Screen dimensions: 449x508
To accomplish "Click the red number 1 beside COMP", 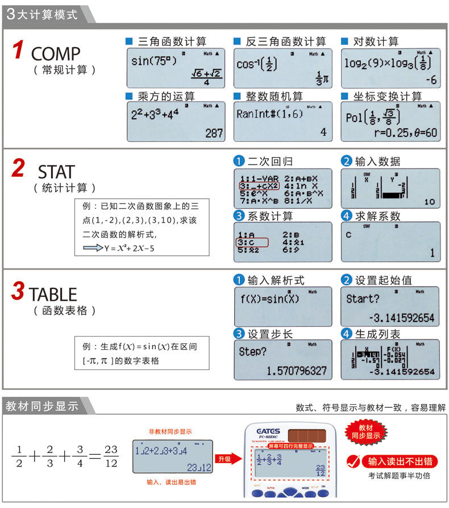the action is pyautogui.click(x=18, y=51).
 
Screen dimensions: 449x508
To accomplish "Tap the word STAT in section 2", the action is pyautogui.click(x=56, y=171).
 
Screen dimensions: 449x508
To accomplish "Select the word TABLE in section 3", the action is pyautogui.click(x=53, y=294).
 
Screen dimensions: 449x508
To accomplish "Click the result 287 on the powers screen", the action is pyautogui.click(x=214, y=133).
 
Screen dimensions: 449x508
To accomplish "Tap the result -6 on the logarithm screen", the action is pyautogui.click(x=431, y=80).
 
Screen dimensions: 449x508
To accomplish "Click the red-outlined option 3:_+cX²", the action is pyautogui.click(x=259, y=186).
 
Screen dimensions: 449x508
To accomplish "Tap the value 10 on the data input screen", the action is pyautogui.click(x=429, y=202).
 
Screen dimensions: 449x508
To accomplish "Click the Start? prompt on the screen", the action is pyautogui.click(x=363, y=299).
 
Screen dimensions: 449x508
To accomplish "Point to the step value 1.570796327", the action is pyautogui.click(x=297, y=371).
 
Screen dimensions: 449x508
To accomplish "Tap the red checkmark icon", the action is pyautogui.click(x=354, y=461).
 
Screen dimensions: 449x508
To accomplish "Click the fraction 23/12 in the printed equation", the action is pyautogui.click(x=111, y=456).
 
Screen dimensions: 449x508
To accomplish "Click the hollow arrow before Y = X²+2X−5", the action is pyautogui.click(x=91, y=248).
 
